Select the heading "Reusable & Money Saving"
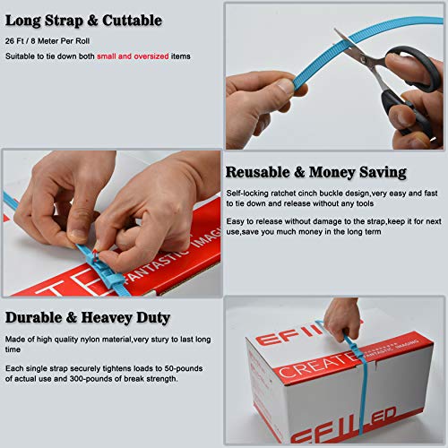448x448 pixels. pyautogui.click(x=315, y=172)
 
